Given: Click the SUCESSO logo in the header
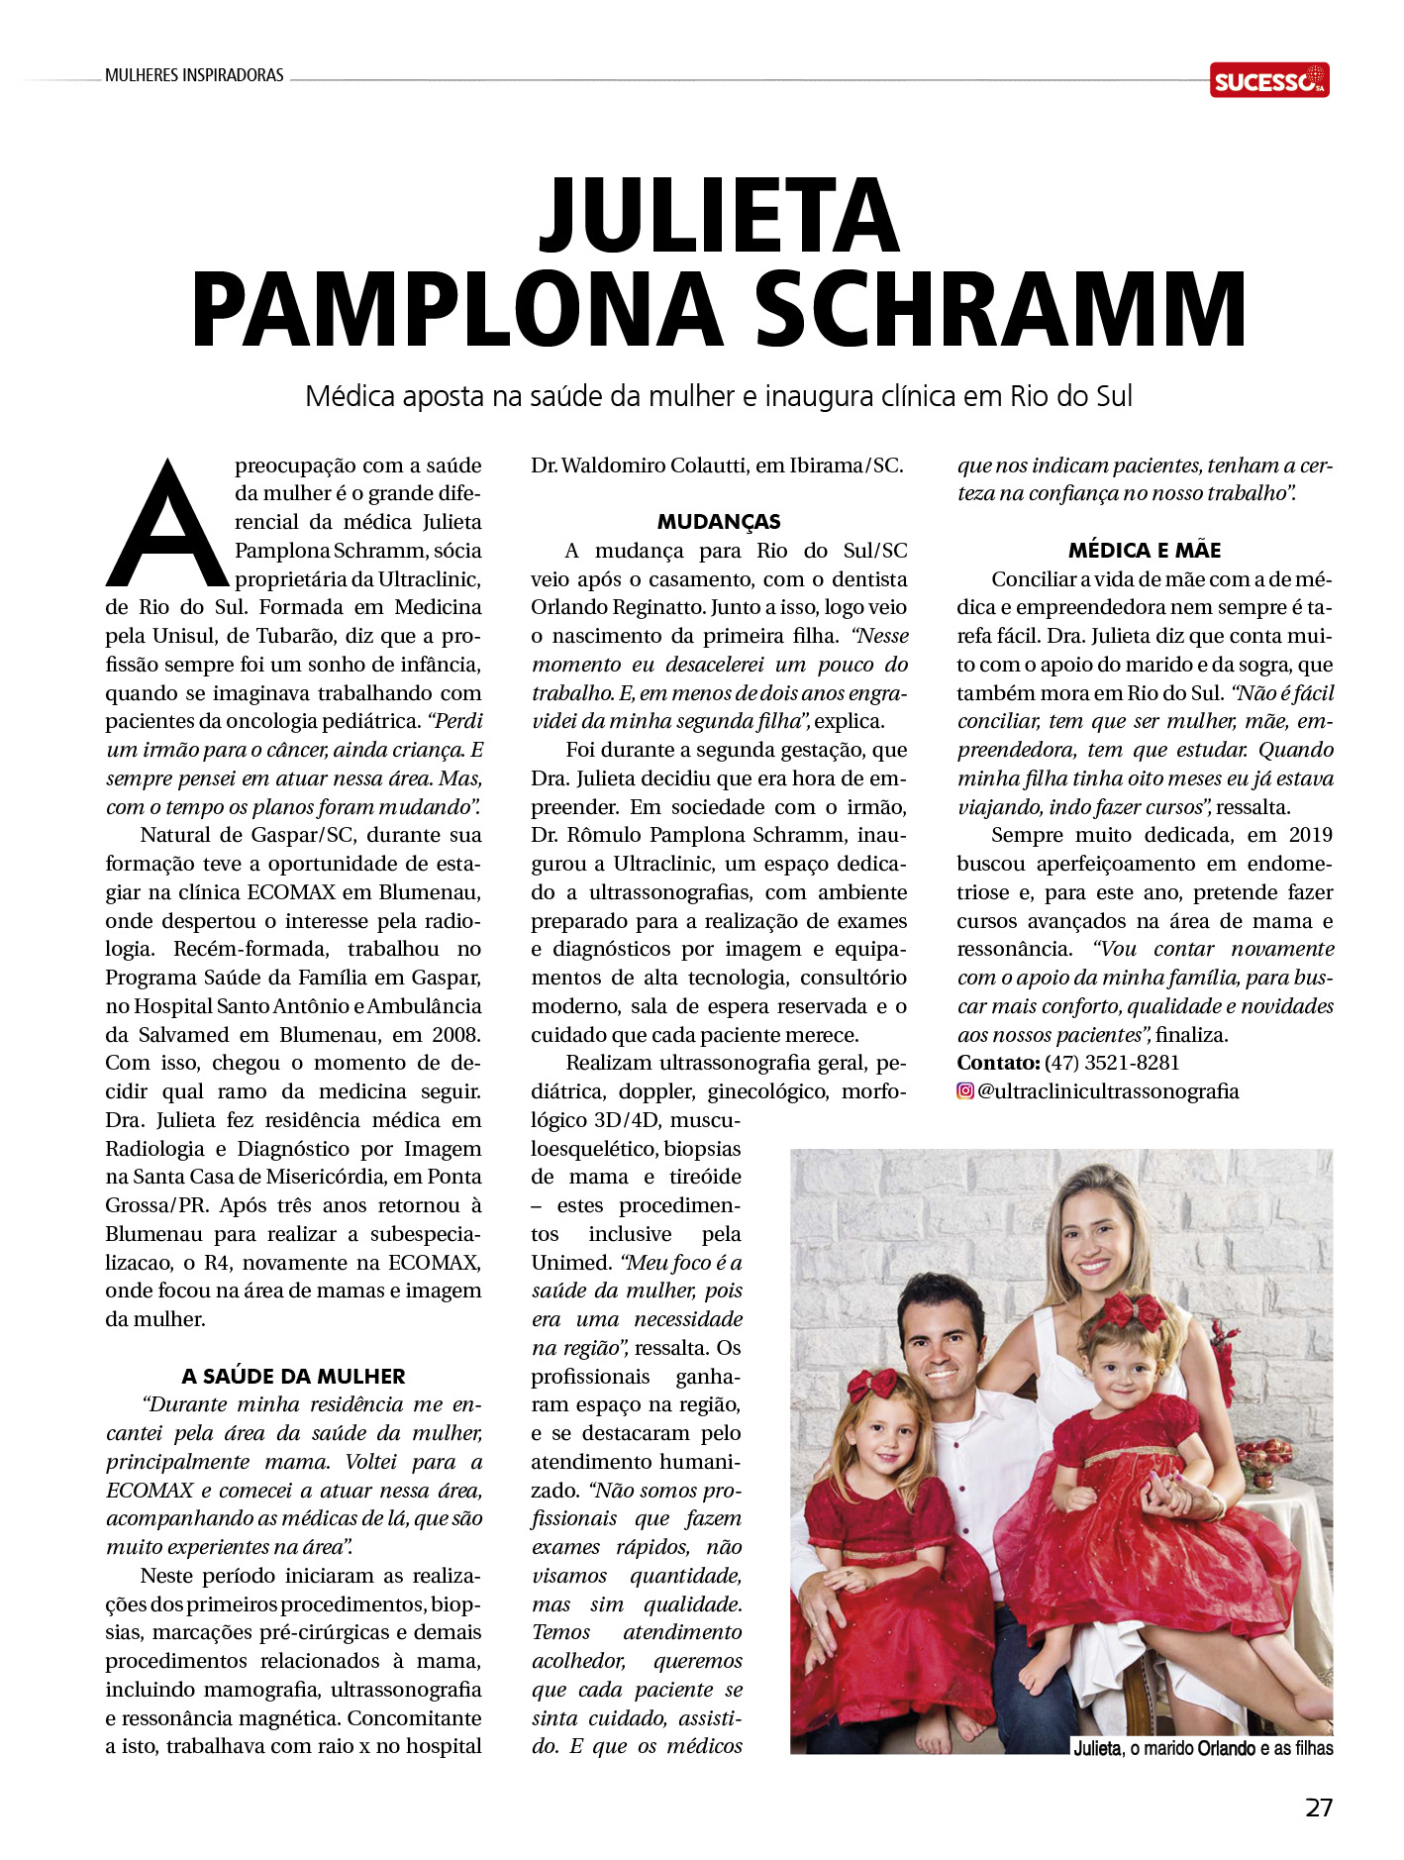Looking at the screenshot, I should tap(1268, 80).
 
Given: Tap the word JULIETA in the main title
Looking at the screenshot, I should tap(719, 217).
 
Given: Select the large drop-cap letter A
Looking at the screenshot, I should tap(166, 525).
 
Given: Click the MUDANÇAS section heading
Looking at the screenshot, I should tap(719, 522).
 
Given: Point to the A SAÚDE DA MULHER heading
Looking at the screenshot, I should tap(293, 1376).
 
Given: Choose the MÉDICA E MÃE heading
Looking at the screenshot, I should tap(1145, 551).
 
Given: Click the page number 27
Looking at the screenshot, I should tap(1319, 1808).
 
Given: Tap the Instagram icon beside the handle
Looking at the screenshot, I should tap(965, 1091).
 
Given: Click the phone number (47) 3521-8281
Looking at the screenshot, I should tap(1112, 1063).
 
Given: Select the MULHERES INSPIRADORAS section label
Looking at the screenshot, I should tap(194, 75).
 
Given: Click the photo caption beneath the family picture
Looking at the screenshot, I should tap(1203, 1748).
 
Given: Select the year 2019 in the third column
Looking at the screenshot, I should tap(1310, 835).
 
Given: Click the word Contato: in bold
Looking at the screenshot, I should tap(998, 1063).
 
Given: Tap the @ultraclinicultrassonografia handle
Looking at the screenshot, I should tap(1108, 1091).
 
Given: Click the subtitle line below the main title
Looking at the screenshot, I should tap(719, 396).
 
